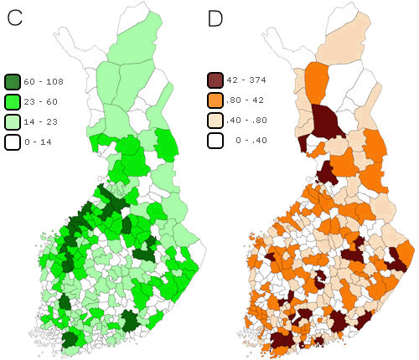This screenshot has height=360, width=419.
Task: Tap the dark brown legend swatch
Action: (x=216, y=81)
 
